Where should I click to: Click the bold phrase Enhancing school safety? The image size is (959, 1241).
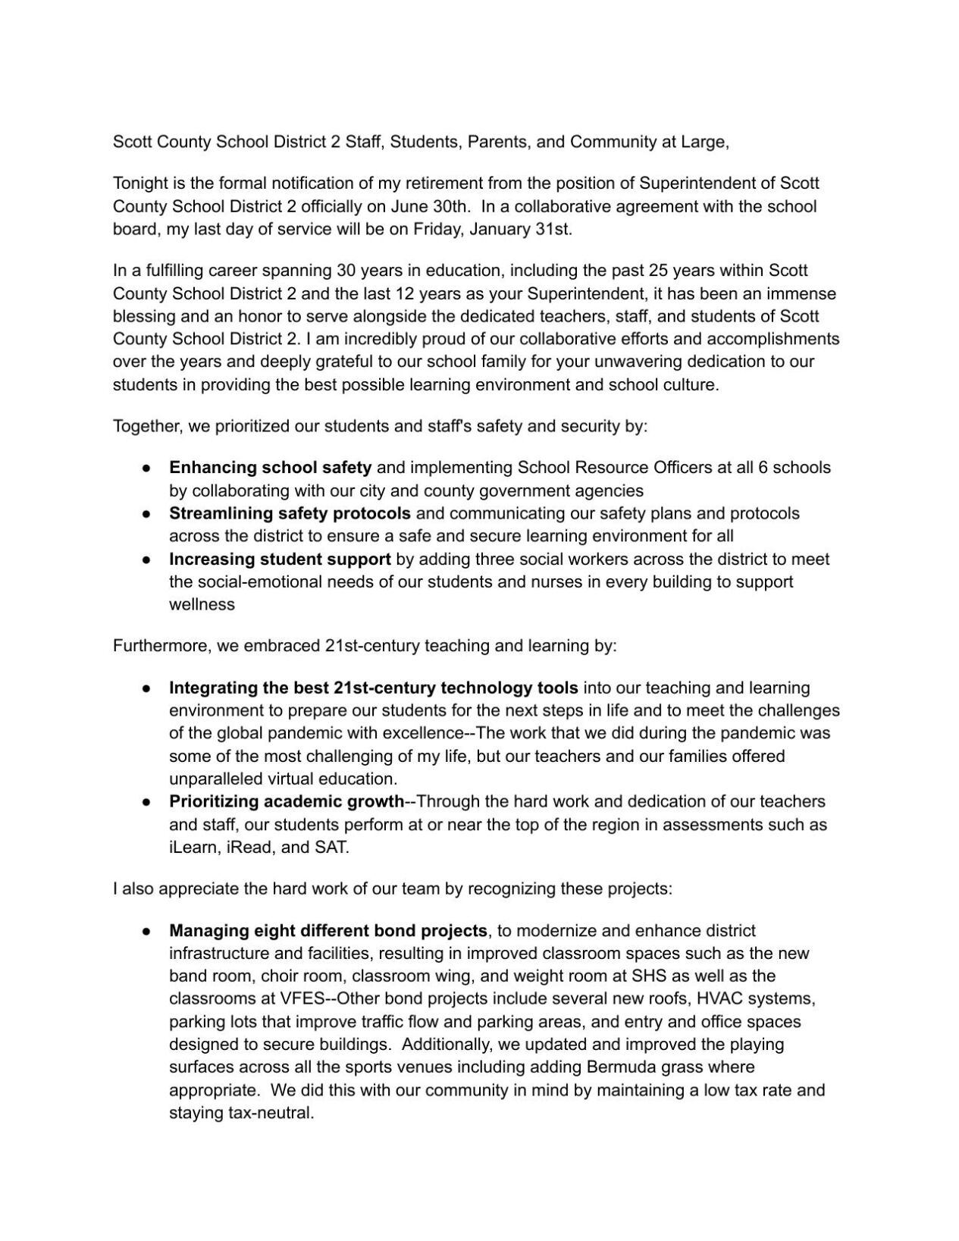pyautogui.click(x=270, y=468)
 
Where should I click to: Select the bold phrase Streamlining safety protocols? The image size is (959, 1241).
pyautogui.click(x=290, y=513)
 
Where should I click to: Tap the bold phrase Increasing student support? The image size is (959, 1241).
pyautogui.click(x=280, y=559)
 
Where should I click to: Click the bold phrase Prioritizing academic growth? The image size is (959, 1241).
pyautogui.click(x=287, y=801)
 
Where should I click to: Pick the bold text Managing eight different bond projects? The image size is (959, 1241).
pyautogui.click(x=328, y=930)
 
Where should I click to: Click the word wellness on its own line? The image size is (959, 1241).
pyautogui.click(x=202, y=604)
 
